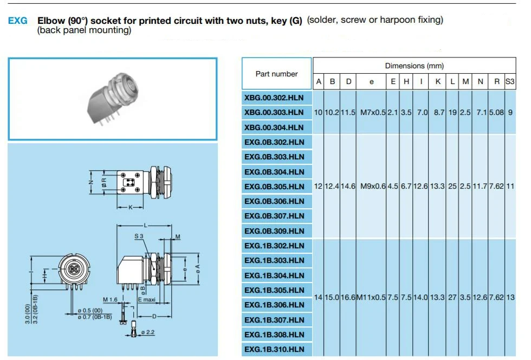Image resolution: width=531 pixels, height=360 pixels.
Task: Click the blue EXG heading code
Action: [x=17, y=21]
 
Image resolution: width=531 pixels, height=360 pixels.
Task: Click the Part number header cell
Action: [x=276, y=74]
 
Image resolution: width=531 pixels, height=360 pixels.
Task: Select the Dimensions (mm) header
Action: [x=414, y=66]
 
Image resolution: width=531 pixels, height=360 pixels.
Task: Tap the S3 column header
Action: [x=510, y=82]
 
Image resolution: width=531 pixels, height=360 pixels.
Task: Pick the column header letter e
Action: [x=372, y=82]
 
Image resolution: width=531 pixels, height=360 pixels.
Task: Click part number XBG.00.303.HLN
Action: [x=274, y=113]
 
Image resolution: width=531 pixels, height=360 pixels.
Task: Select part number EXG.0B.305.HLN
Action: [x=274, y=187]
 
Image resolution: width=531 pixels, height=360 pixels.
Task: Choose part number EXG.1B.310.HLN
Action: [x=274, y=350]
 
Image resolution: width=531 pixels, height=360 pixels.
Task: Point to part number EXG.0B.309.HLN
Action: [x=274, y=231]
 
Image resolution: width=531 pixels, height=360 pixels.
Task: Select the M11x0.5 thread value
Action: [x=371, y=298]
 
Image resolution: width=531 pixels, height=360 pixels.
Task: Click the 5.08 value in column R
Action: [x=496, y=113]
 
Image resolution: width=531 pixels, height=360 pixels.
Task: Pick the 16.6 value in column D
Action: [x=348, y=298]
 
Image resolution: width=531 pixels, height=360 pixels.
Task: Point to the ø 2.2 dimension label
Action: [x=147, y=332]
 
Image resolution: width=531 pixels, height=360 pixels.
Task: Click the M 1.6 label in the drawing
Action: [x=110, y=300]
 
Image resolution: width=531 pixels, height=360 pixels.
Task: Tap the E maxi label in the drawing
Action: [x=146, y=300]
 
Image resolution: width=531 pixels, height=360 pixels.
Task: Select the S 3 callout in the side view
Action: [x=139, y=236]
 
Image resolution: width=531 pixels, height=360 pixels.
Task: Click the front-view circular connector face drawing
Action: [x=74, y=269]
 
